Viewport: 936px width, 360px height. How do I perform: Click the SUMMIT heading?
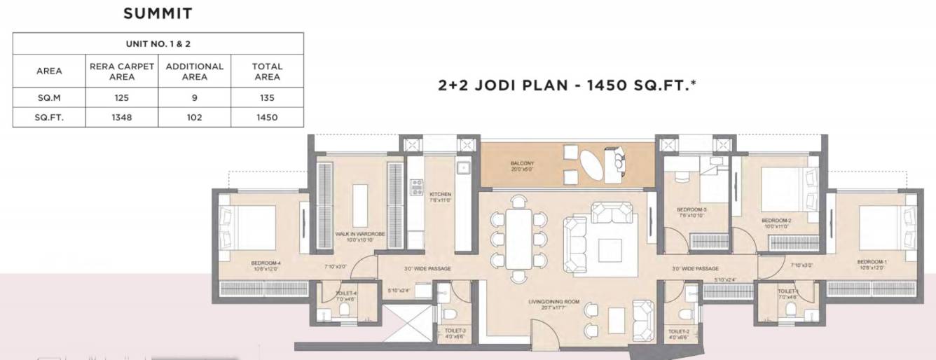158,13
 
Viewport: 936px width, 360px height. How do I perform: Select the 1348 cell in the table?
121,117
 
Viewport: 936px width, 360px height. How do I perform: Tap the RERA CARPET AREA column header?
121,71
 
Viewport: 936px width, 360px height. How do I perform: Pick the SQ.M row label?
49,97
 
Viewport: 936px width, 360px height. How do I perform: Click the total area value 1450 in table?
267,117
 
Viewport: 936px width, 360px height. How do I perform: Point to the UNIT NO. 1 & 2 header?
158,43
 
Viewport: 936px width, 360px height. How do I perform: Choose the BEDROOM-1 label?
871,265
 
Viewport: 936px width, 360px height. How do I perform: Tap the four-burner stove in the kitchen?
416,186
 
